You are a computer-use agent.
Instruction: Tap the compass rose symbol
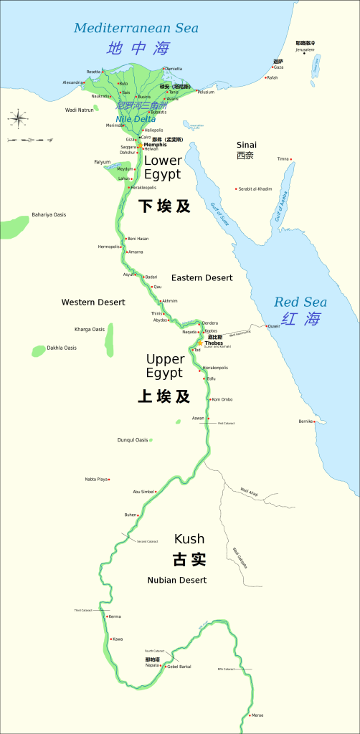tap(17, 116)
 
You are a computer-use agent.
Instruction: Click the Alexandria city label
tap(72, 82)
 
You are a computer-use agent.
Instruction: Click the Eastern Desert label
tap(202, 277)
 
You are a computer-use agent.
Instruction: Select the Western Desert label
tap(93, 302)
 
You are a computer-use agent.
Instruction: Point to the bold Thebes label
tap(214, 343)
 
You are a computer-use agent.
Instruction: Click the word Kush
tap(189, 538)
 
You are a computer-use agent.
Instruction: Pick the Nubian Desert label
tap(177, 580)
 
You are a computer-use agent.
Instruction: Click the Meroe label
tap(257, 715)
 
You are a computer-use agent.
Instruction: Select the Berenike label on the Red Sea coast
tap(306, 421)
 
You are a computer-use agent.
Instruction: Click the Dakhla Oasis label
tap(62, 348)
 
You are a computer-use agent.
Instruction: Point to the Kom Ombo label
tap(222, 399)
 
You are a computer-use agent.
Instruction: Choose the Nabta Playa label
tap(97, 479)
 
